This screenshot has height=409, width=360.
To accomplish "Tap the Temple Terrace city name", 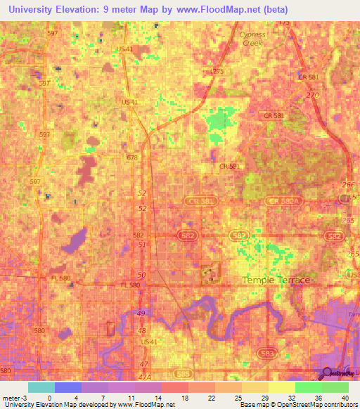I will pyautogui.click(x=276, y=280).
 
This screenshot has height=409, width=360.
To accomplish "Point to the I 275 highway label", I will pyautogui.click(x=217, y=71).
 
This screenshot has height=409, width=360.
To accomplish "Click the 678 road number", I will pyautogui.click(x=131, y=158).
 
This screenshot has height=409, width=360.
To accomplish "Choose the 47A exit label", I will pyautogui.click(x=143, y=377).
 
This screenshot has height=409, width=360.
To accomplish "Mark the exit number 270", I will pyautogui.click(x=312, y=94).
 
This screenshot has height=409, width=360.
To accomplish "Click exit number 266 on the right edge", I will pyautogui.click(x=346, y=185).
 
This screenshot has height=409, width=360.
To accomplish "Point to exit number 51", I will pyautogui.click(x=142, y=245).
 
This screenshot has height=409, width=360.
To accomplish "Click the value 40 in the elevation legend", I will pyautogui.click(x=345, y=397).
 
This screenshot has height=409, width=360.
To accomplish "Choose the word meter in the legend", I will pyautogui.click(x=11, y=397).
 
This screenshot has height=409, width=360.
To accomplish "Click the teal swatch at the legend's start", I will pyautogui.click(x=41, y=387).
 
